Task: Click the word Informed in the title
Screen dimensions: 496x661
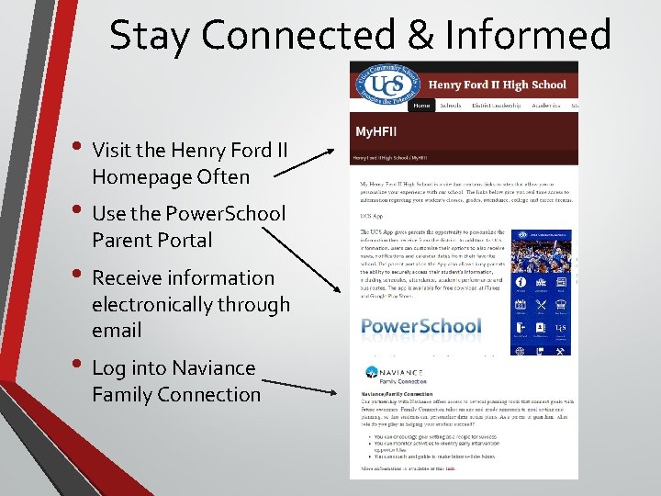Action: [528, 36]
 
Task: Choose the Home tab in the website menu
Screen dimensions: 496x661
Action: [421, 106]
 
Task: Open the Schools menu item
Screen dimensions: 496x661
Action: [451, 106]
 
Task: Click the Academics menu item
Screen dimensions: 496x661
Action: [545, 106]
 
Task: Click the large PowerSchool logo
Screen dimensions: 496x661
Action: [420, 326]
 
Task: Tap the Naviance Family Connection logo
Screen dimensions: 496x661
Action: [396, 374]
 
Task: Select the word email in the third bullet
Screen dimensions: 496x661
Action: [117, 331]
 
